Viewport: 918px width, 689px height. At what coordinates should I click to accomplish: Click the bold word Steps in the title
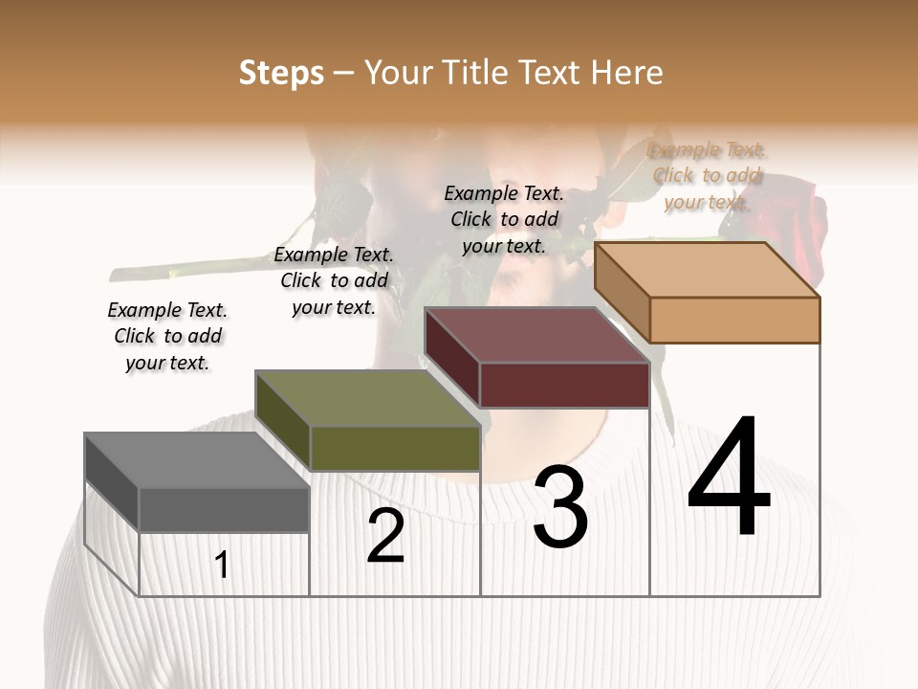[x=281, y=73]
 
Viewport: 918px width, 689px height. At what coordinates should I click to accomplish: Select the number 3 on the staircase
[x=560, y=507]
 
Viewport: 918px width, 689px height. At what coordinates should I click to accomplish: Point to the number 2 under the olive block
[x=385, y=536]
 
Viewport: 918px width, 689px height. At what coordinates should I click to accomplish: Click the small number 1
[x=222, y=565]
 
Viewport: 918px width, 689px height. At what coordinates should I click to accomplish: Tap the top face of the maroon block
[x=536, y=335]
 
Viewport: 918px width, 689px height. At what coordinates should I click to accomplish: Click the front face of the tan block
[x=734, y=320]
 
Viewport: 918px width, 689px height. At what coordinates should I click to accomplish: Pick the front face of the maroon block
[x=564, y=385]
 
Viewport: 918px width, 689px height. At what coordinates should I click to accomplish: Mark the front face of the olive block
[x=395, y=448]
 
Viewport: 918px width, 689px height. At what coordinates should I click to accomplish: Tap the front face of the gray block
[x=224, y=510]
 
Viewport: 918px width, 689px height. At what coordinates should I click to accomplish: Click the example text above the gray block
[x=167, y=336]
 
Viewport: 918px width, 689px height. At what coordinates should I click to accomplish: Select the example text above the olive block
[x=334, y=280]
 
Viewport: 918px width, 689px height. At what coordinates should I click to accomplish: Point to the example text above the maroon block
[x=504, y=219]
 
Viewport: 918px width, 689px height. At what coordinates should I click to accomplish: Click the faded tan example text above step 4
[x=707, y=175]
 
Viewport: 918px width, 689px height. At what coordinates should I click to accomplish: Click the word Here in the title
[x=627, y=73]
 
